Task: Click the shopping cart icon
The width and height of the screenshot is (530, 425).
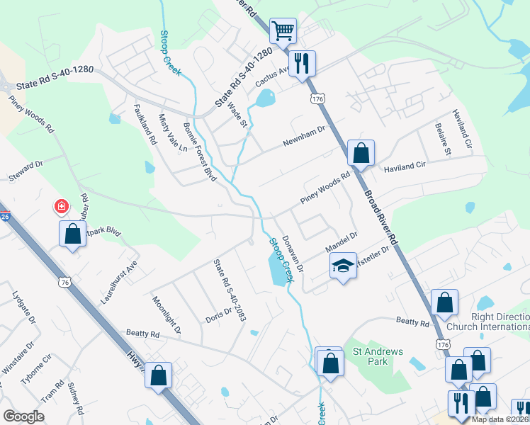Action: click(283, 30)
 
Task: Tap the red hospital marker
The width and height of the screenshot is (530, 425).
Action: click(62, 207)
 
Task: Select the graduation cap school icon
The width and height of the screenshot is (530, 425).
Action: click(343, 266)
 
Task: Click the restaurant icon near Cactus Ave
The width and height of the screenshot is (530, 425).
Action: click(303, 62)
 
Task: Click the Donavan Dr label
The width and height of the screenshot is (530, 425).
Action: click(292, 254)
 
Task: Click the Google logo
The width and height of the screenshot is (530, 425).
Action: click(23, 416)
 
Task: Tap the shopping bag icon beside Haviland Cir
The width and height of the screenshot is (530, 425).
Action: click(361, 152)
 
